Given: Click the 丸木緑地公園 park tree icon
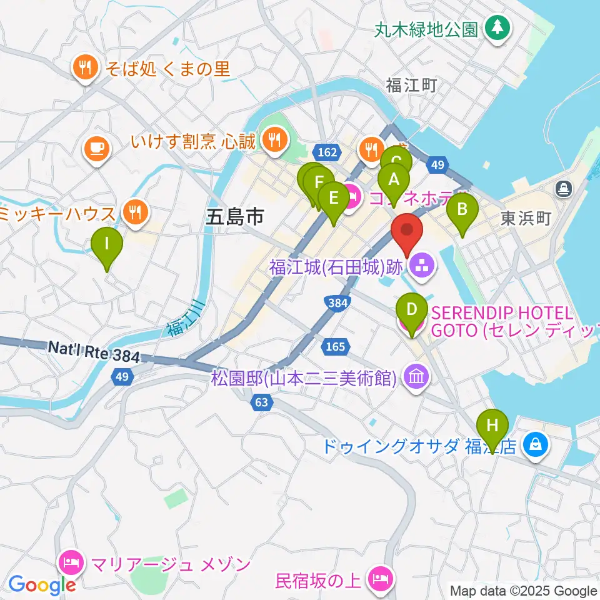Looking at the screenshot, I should [x=497, y=26].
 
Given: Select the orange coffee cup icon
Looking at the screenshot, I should [x=97, y=148].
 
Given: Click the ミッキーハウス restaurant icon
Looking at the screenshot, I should [x=134, y=213].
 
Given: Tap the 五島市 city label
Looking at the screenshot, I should [x=235, y=217].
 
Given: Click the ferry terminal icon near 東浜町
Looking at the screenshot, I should [x=563, y=187].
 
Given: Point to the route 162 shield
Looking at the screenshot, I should [x=331, y=152].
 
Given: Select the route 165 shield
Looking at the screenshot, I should [x=331, y=346].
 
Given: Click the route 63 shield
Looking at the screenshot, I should [x=261, y=402].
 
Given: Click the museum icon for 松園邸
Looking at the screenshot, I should [x=415, y=377].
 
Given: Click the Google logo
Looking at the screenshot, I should [x=42, y=584].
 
